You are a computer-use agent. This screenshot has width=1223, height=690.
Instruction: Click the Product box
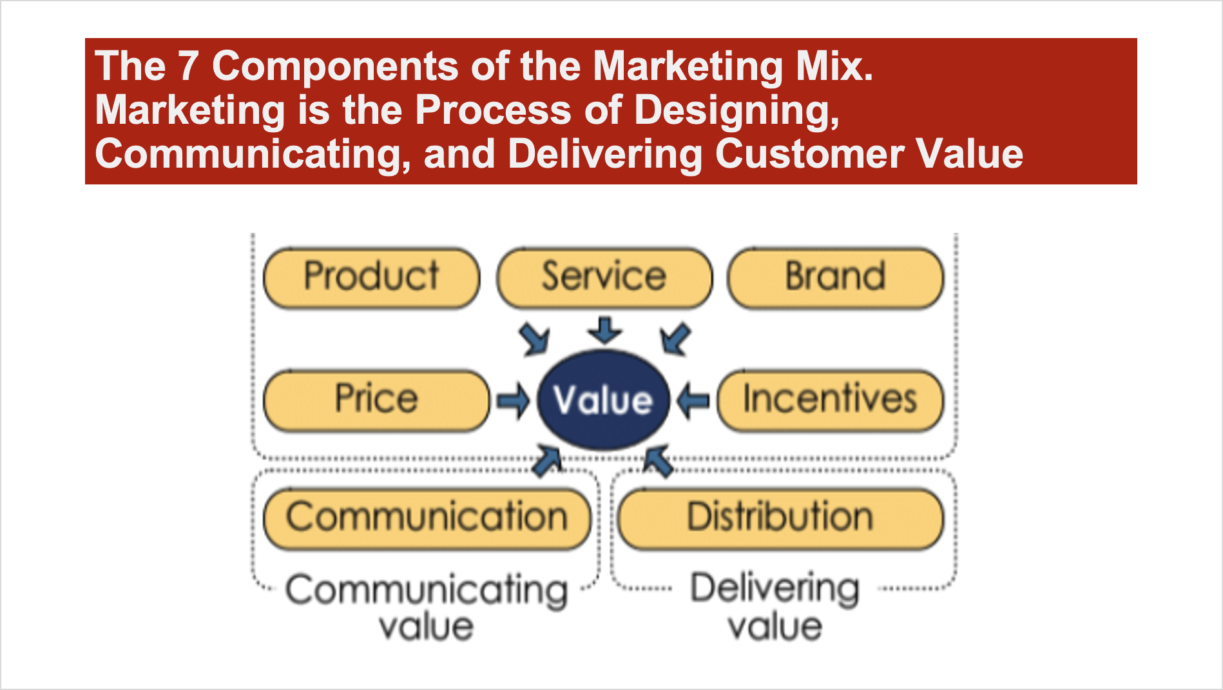(x=372, y=277)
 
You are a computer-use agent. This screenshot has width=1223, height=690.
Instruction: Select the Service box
(x=604, y=277)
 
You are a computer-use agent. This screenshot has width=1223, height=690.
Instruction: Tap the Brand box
(x=836, y=277)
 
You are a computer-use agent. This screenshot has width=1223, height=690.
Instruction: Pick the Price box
(x=377, y=400)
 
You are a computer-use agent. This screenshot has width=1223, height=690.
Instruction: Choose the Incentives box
(x=831, y=400)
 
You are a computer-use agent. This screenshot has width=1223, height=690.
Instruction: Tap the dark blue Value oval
(x=604, y=400)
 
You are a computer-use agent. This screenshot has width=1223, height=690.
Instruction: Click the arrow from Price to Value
(x=514, y=400)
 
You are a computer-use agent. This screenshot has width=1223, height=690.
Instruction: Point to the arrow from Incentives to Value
(x=693, y=400)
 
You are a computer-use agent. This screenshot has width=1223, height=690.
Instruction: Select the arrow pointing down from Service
(x=604, y=330)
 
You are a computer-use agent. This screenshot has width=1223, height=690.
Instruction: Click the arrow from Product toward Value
(x=535, y=339)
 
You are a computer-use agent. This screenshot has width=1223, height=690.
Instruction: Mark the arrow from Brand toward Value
(x=675, y=339)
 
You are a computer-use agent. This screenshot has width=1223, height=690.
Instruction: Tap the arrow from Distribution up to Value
(x=659, y=460)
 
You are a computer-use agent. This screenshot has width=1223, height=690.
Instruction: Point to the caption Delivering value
(x=775, y=606)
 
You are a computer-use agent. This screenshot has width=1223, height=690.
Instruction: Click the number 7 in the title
(x=188, y=66)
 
